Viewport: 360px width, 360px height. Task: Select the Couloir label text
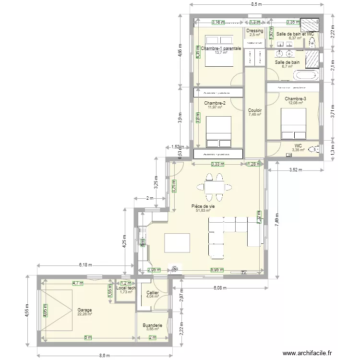(x=255, y=110)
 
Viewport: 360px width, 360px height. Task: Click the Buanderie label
(x=152, y=325)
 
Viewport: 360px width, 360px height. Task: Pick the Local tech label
(x=126, y=288)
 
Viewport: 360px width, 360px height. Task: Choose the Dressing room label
(x=255, y=31)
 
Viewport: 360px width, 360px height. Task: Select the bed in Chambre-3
(x=293, y=123)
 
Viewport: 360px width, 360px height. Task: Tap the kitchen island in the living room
(x=177, y=242)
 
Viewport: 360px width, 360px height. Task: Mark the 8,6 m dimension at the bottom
(x=105, y=356)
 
